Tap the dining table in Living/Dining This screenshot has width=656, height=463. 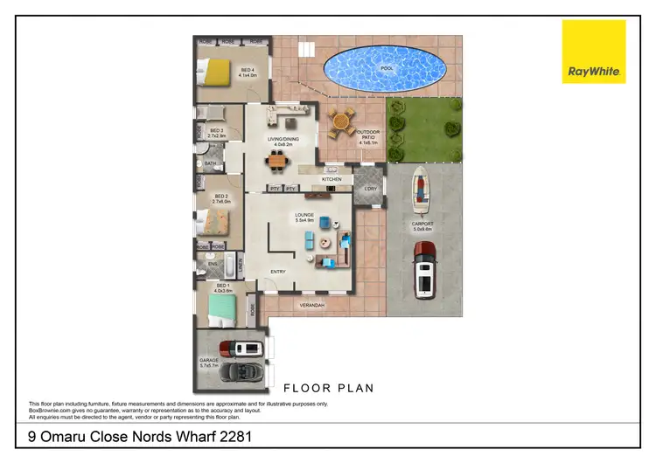277,160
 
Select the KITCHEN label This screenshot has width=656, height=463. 331,179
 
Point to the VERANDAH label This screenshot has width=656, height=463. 312,305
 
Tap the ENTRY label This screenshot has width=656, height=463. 278,272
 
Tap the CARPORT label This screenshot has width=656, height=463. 422,224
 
